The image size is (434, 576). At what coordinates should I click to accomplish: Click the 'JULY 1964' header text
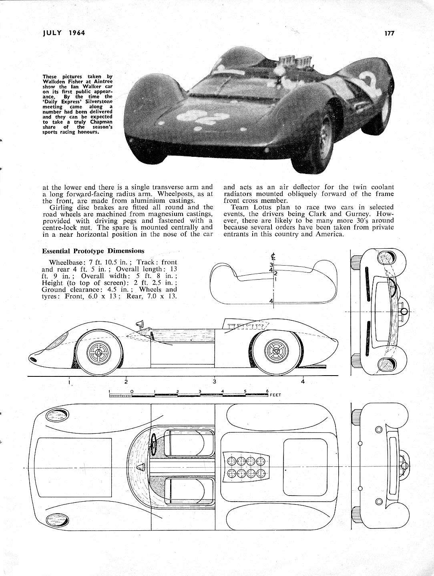tap(64, 33)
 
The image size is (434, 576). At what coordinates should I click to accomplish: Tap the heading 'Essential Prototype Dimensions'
tap(93, 251)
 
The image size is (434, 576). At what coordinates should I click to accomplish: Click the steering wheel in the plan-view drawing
tap(153, 444)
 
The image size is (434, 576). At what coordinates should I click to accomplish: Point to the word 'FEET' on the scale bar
tap(275, 395)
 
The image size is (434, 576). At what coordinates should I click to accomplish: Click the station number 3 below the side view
tap(215, 382)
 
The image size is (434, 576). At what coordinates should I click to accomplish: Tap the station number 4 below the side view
tap(303, 382)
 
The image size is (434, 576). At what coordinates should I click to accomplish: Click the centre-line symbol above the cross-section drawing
tap(273, 256)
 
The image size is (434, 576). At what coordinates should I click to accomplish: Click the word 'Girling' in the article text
tap(61, 207)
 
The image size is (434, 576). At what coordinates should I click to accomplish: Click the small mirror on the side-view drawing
tap(140, 323)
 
